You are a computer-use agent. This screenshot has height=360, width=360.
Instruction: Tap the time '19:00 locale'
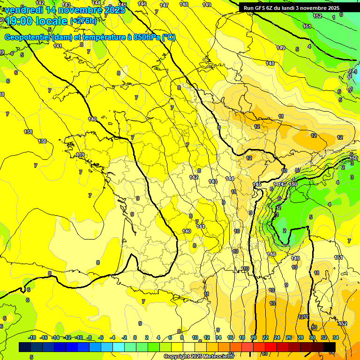pos(37,21)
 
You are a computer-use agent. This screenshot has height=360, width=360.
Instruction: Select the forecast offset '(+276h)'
pos(83,21)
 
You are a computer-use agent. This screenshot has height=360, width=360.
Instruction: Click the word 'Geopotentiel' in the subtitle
pos(28,37)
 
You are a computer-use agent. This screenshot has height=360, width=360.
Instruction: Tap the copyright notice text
pos(199,357)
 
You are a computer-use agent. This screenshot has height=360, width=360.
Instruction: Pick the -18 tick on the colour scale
pos(32,337)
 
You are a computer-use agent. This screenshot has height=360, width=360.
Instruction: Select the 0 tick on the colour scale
pos(135,337)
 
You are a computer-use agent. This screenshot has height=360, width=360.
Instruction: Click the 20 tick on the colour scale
pos(254,337)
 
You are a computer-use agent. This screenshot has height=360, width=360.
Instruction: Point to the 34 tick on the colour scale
pos(336,337)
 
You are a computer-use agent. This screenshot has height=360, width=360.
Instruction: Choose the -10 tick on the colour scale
pos(79,337)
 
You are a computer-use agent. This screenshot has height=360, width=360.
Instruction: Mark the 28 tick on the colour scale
pos(300,337)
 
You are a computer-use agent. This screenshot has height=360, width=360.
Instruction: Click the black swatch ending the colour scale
pos(330,347)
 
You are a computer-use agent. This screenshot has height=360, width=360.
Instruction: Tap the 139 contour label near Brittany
pos(80,155)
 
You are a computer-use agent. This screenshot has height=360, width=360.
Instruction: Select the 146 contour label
pos(142,4)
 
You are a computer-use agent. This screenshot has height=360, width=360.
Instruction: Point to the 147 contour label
pos(164,5)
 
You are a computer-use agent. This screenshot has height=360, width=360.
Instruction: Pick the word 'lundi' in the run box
pos(288,8)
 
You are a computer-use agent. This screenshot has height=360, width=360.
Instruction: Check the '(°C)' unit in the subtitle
pos(168,37)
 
